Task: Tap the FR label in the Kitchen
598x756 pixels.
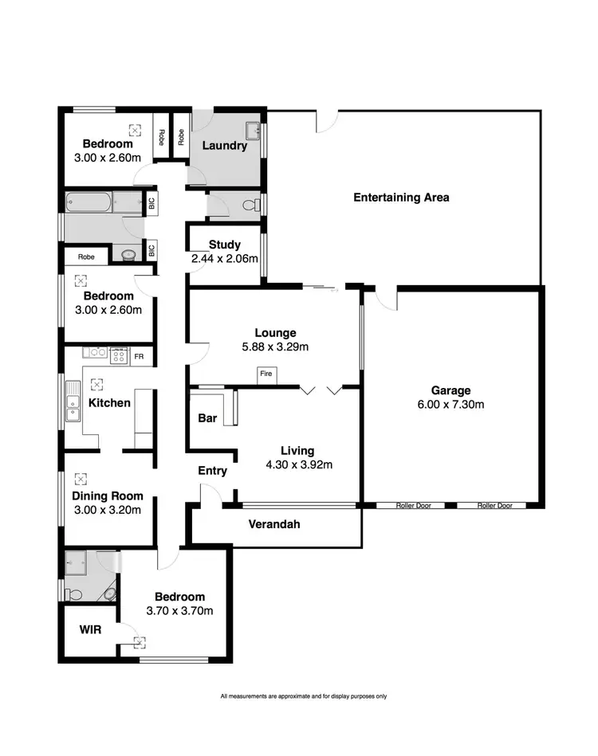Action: (x=139, y=357)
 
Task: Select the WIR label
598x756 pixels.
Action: (x=89, y=629)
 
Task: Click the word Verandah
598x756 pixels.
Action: (x=274, y=525)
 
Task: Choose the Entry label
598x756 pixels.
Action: (x=212, y=471)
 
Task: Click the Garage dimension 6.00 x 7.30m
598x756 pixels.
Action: (x=450, y=405)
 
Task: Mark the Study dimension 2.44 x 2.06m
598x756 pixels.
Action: (x=226, y=259)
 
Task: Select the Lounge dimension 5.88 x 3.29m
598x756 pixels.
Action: (x=275, y=347)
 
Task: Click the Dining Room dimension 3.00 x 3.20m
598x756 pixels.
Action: (x=107, y=511)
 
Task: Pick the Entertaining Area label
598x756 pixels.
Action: (x=401, y=197)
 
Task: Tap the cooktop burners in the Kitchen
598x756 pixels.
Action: (x=119, y=355)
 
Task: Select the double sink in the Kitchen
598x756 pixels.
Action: (x=74, y=401)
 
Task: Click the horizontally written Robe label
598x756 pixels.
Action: (x=86, y=257)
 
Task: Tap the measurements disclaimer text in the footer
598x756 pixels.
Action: (x=303, y=696)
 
